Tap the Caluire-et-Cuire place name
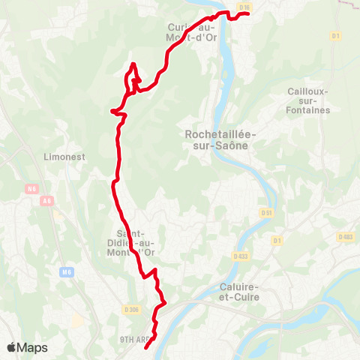[240, 292]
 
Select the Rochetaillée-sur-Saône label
[220, 139]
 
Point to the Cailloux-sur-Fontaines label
[308, 100]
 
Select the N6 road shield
[32, 190]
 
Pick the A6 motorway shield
[48, 200]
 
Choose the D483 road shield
[346, 236]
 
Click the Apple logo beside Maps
[12, 348]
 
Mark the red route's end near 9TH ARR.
[145, 347]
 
